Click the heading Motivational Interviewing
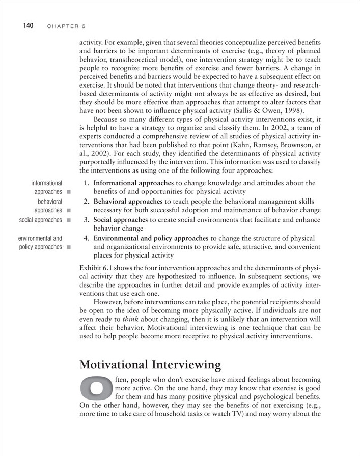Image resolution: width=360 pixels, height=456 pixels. click(x=150, y=365)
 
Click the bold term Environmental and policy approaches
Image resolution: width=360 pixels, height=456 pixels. click(x=151, y=238)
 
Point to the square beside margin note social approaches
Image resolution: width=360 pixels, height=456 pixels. click(x=68, y=220)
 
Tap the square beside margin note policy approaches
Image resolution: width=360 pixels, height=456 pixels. click(x=68, y=247)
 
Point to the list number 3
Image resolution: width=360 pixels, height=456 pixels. click(x=87, y=220)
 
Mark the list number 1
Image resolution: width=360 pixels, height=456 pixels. click(x=87, y=183)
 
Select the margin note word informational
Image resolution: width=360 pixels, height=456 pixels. click(x=46, y=183)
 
